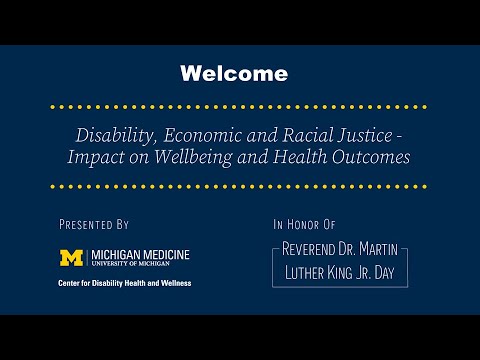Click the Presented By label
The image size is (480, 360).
(94, 225)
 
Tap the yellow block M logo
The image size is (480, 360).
(72, 258)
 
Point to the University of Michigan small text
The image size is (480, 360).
(129, 265)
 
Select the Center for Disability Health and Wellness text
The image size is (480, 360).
(123, 283)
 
